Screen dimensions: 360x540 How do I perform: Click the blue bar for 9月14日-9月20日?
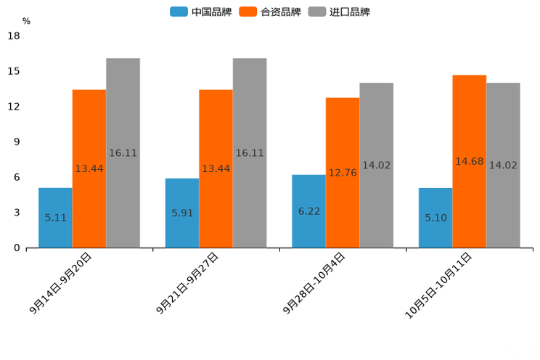(x=55, y=218)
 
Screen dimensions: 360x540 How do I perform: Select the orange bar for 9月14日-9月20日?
(x=89, y=168)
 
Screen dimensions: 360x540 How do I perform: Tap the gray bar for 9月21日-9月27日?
(x=250, y=153)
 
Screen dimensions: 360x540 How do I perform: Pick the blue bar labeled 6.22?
(x=308, y=211)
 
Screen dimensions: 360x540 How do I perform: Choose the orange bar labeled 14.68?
(x=470, y=161)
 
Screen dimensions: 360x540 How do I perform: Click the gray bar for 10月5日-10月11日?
(x=503, y=165)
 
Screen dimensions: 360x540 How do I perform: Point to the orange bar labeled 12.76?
(x=343, y=173)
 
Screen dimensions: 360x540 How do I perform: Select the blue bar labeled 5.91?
(x=181, y=213)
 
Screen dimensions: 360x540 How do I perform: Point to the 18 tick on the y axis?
(x=13, y=36)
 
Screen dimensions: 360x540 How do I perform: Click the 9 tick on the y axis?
(x=17, y=142)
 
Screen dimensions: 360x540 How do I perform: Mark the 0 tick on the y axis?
(x=17, y=248)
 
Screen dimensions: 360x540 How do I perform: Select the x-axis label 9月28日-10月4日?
(x=314, y=283)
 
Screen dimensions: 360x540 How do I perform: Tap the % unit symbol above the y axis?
(x=26, y=21)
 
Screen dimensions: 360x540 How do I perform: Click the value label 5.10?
(x=436, y=217)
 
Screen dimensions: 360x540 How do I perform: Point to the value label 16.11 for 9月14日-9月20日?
(x=123, y=153)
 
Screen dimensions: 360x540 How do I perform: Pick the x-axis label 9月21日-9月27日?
(x=187, y=283)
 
